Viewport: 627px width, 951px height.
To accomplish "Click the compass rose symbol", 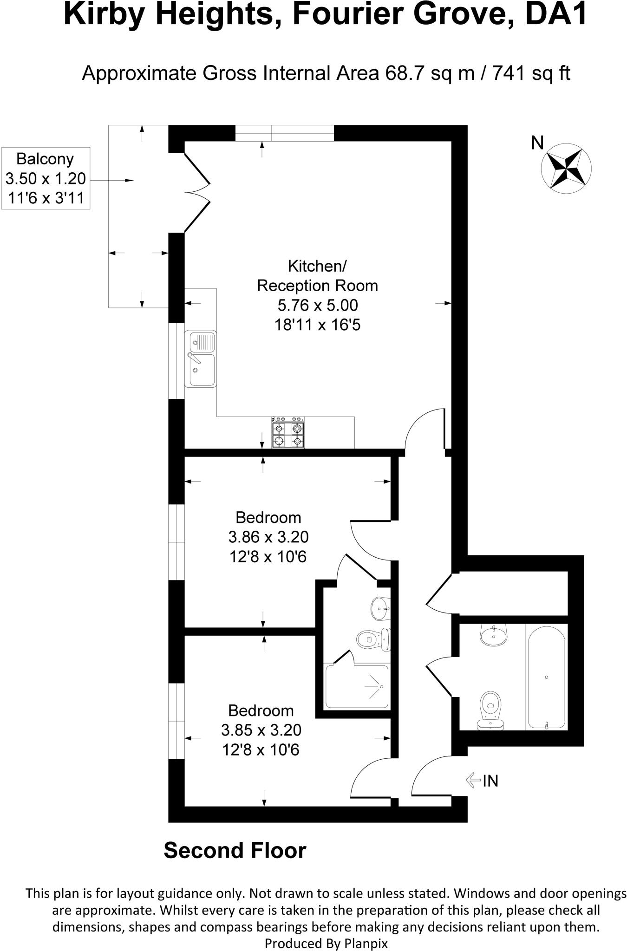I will (x=566, y=168).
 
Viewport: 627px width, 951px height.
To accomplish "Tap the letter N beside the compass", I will (x=537, y=143).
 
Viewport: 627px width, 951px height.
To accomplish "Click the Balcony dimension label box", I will (x=46, y=178).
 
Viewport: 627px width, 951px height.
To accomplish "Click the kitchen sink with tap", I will (x=201, y=359).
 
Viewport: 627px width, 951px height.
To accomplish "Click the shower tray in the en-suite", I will (x=357, y=687).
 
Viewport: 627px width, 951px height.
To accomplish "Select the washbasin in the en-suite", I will (x=380, y=608).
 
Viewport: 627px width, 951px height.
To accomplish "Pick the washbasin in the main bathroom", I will (x=493, y=635).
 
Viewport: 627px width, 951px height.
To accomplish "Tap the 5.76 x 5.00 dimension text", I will (x=318, y=305).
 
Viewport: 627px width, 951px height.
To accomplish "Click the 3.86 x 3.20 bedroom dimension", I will (x=268, y=537).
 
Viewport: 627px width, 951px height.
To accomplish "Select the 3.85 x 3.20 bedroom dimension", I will (x=261, y=730).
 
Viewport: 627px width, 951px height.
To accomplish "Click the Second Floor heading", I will (x=235, y=850).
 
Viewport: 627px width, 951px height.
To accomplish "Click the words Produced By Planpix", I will (x=326, y=943).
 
